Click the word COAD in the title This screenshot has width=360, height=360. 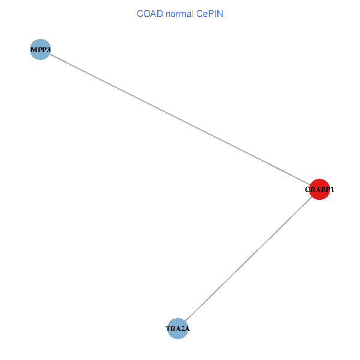[x=150, y=14]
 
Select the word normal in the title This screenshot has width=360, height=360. [x=180, y=14]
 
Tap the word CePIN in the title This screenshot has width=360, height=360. [x=209, y=14]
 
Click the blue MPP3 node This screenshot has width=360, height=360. [x=40, y=49]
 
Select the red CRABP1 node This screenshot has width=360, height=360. [x=319, y=189]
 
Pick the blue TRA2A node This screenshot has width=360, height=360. [x=178, y=329]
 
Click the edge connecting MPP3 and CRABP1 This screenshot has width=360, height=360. [x=180, y=119]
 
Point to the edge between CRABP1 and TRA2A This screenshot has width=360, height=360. [x=248, y=259]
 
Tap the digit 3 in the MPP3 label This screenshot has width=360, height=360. [x=48, y=50]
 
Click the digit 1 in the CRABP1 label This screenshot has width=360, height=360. [x=332, y=190]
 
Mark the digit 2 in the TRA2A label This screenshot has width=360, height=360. [x=181, y=329]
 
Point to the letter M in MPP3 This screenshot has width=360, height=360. [x=34, y=50]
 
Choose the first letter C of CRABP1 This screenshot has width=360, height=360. [x=307, y=190]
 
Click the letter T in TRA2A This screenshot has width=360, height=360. [x=168, y=329]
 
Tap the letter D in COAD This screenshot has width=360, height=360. [x=160, y=14]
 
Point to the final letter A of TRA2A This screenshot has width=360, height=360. [x=187, y=329]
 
